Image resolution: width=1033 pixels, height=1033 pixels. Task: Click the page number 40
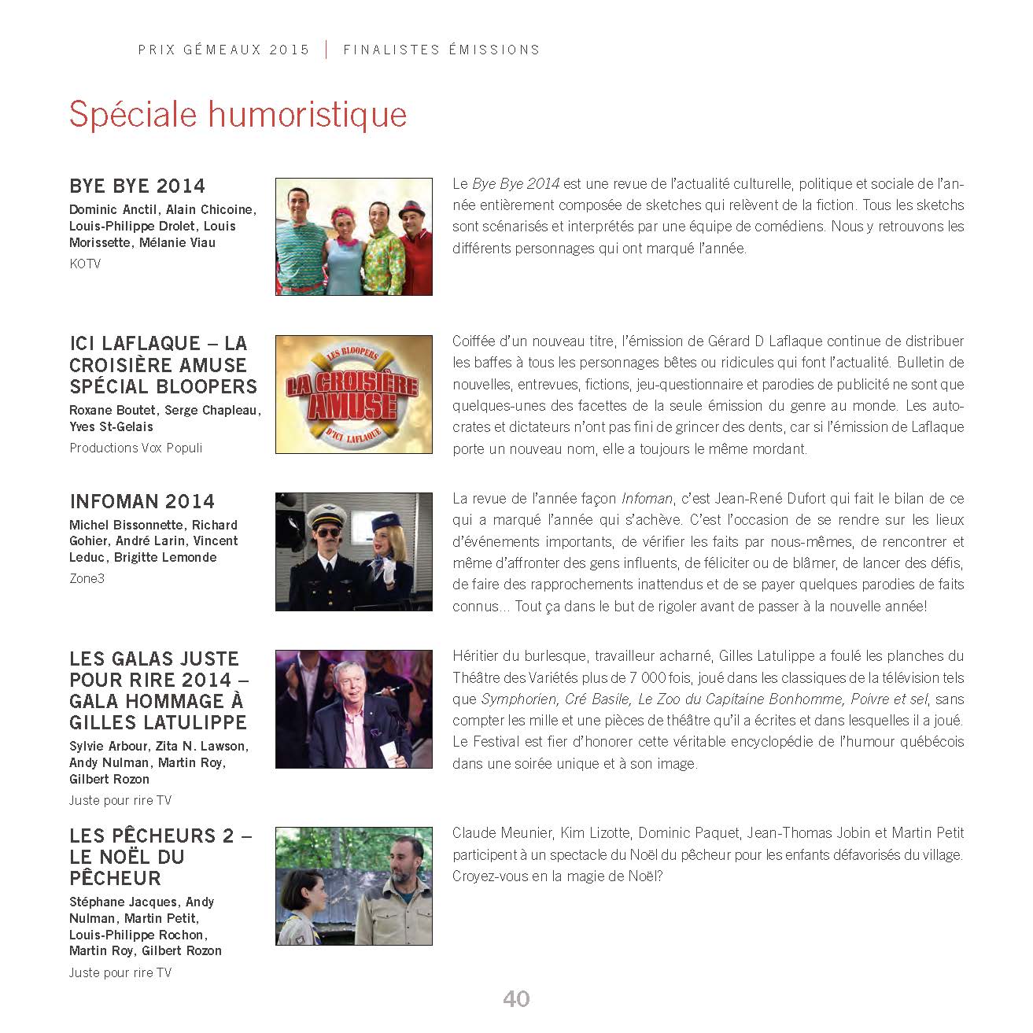(x=516, y=999)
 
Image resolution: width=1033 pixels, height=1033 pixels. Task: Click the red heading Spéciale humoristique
(x=238, y=115)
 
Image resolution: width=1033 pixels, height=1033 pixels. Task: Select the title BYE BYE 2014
(x=137, y=186)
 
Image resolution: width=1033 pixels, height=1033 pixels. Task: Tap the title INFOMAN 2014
(x=142, y=502)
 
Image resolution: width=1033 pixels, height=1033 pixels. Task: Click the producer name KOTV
(x=85, y=264)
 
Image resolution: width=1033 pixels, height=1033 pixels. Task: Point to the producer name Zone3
(x=87, y=579)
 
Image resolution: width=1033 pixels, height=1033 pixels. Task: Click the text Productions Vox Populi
(x=135, y=448)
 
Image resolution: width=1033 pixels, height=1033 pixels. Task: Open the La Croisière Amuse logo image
(x=353, y=395)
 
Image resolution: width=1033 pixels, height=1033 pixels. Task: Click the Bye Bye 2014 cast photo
(x=353, y=237)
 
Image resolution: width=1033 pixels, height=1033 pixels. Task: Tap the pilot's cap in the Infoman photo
(x=324, y=515)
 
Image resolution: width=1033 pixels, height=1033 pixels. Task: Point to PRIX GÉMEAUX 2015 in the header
(x=224, y=50)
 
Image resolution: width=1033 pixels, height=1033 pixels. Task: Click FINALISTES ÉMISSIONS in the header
(x=441, y=50)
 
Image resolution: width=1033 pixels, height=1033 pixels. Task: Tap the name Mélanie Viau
(x=177, y=243)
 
